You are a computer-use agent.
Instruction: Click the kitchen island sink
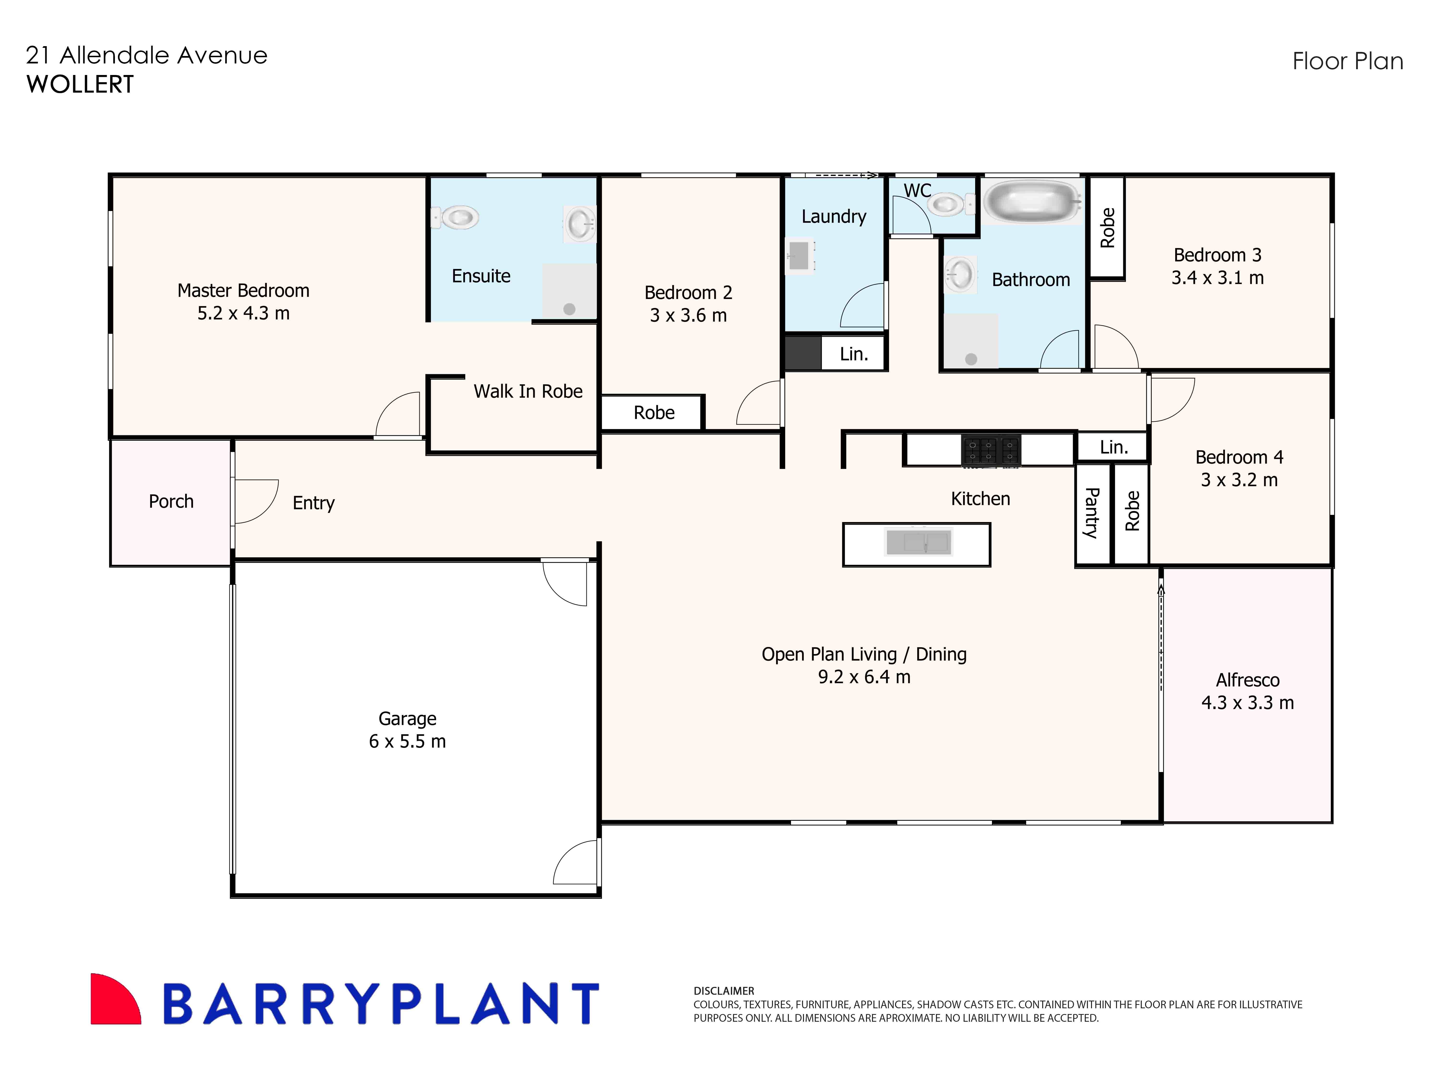918,542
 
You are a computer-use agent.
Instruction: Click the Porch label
171,502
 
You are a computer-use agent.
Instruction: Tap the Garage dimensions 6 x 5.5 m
407,742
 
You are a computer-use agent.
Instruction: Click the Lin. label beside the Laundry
853,354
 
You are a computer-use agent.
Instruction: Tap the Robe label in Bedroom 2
654,413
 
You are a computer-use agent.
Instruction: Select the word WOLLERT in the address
80,84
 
